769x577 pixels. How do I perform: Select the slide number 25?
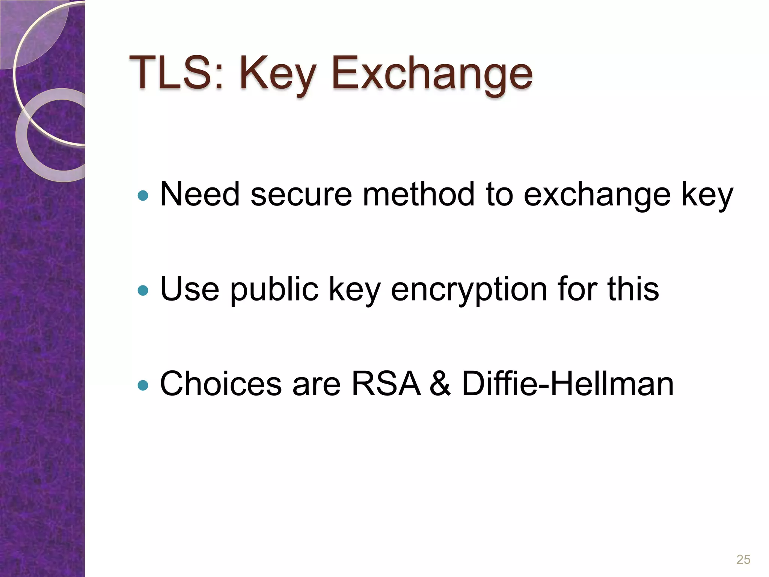tap(743, 559)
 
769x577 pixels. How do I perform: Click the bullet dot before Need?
tap(143, 195)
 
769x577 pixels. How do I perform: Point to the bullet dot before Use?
tap(143, 290)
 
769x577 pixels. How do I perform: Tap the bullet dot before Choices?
tap(143, 385)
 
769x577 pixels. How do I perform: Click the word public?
tap(274, 289)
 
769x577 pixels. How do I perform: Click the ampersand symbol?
tap(440, 384)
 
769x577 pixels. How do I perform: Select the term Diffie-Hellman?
tap(567, 384)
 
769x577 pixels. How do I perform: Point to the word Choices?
tap(221, 384)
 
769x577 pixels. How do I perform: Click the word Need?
tap(200, 194)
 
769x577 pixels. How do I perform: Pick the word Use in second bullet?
tap(190, 289)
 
